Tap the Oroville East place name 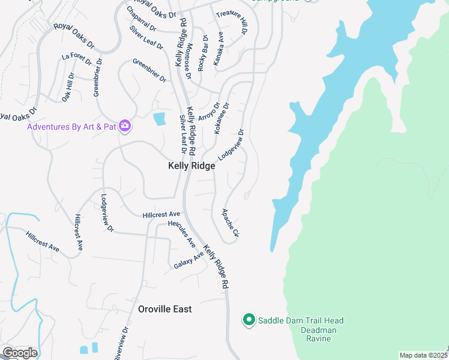point(165,309)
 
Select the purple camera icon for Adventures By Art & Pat point(125,126)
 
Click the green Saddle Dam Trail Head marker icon point(249,320)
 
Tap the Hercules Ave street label point(182,234)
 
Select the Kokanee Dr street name point(222,118)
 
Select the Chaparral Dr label point(142,19)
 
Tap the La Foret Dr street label point(76,59)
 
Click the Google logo point(20,353)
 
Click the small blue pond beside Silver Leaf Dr point(159,119)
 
